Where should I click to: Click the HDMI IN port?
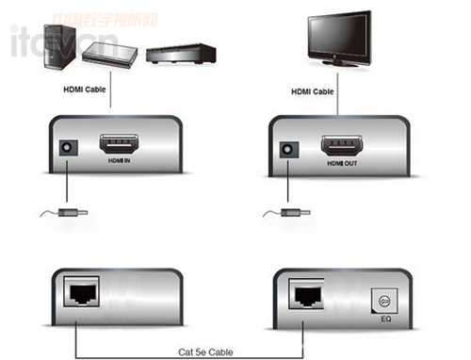coord(119,146)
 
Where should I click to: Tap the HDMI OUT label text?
coord(341,163)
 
